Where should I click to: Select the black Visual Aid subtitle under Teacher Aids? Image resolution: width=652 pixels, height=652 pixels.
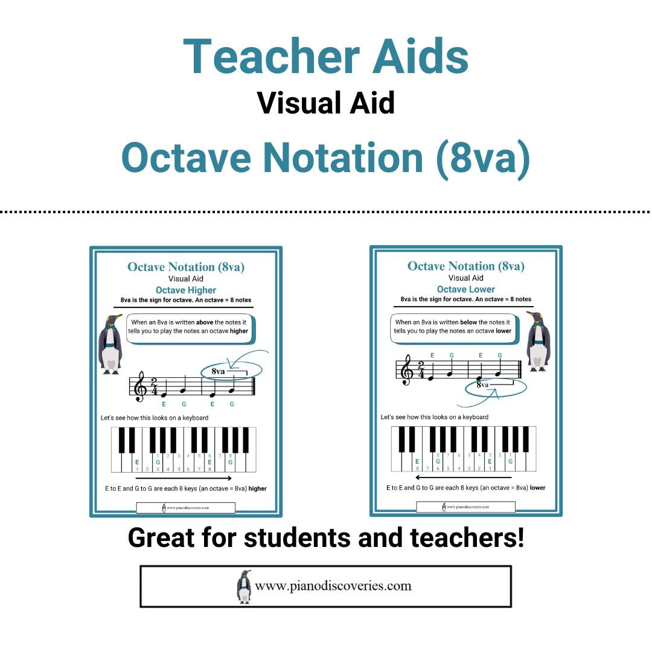(x=326, y=103)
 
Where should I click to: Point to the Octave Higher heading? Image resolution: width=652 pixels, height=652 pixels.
(x=186, y=290)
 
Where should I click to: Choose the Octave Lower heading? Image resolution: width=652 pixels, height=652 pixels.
(x=466, y=289)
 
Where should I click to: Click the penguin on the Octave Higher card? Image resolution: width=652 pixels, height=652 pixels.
(x=110, y=344)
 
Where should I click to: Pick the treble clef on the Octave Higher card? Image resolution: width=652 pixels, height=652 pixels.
(x=141, y=387)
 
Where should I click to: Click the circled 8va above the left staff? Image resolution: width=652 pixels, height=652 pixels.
(x=219, y=371)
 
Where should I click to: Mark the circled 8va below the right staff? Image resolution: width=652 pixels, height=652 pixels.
(x=482, y=385)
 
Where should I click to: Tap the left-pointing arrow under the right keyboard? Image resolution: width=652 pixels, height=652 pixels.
(x=464, y=478)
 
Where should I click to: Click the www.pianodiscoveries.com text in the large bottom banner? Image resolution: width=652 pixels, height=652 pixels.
(x=333, y=586)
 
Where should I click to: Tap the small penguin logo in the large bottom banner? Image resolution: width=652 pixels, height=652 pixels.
(x=244, y=586)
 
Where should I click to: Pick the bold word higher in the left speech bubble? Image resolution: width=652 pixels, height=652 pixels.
(x=238, y=331)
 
